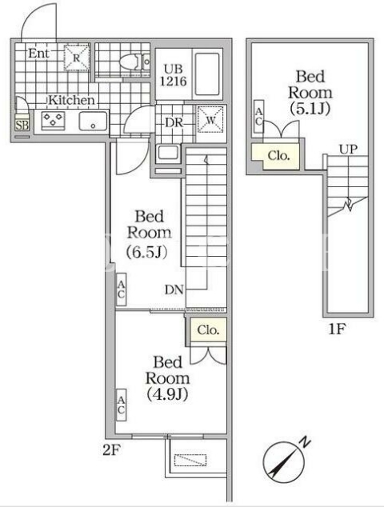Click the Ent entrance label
[x=39, y=54]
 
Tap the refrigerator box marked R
[x=77, y=58]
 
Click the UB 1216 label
[x=174, y=75]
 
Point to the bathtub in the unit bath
[x=207, y=74]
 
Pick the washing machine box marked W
[x=210, y=120]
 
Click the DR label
[x=174, y=123]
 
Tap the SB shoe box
[x=22, y=124]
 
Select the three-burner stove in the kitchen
[x=54, y=120]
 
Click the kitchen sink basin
[x=93, y=122]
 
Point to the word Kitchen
[x=71, y=100]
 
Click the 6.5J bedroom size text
[x=146, y=252]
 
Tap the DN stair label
[x=174, y=289]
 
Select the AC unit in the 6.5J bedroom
[x=121, y=289]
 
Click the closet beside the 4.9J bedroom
[x=208, y=329]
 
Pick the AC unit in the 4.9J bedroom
[x=121, y=405]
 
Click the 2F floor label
[x=112, y=449]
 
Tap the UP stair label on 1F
[x=348, y=149]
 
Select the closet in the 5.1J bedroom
[x=278, y=156]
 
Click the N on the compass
[x=305, y=442]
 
